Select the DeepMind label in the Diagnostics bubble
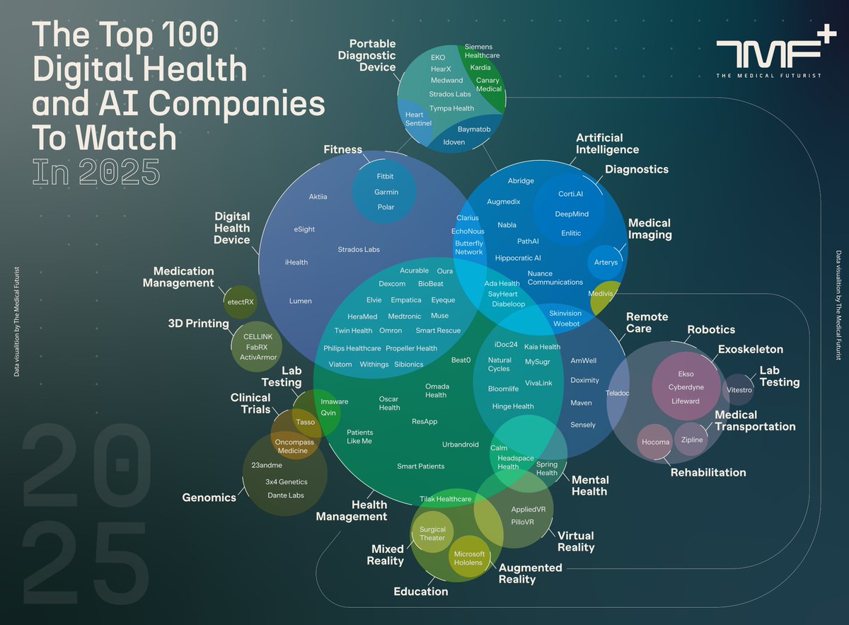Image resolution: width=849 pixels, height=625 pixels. pyautogui.click(x=571, y=213)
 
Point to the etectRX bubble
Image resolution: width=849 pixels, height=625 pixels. pyautogui.click(x=241, y=302)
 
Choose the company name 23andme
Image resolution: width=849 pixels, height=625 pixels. pyautogui.click(x=267, y=465)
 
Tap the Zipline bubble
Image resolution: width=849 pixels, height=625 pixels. pyautogui.click(x=691, y=440)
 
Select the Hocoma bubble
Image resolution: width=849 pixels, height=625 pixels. pyautogui.click(x=655, y=442)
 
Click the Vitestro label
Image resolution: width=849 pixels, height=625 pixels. pyautogui.click(x=739, y=389)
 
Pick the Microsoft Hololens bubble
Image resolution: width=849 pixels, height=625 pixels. pyautogui.click(x=469, y=558)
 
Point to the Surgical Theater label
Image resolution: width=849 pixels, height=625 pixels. pyautogui.click(x=432, y=534)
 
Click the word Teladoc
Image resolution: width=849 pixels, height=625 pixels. pyautogui.click(x=618, y=392)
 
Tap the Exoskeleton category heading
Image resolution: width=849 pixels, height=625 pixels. pyautogui.click(x=750, y=350)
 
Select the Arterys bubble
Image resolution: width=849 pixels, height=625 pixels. pyautogui.click(x=606, y=263)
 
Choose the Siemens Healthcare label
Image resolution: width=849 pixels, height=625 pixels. pyautogui.click(x=483, y=52)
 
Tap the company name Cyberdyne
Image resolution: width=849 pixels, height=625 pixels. pyautogui.click(x=685, y=387)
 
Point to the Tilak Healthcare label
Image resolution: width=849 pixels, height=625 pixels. pyautogui.click(x=445, y=499)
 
